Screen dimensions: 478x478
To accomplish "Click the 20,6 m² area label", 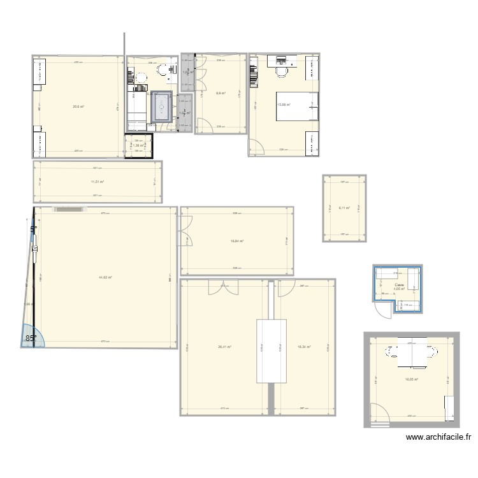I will (78, 106).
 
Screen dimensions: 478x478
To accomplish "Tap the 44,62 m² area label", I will (105, 277).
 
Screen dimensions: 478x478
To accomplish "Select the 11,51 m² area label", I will (97, 182).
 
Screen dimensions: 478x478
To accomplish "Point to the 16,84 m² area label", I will (236, 241).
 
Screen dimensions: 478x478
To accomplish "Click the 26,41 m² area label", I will (224, 347).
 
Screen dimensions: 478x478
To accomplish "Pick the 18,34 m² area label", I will (303, 347).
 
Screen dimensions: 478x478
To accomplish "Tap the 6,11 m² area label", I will (344, 208).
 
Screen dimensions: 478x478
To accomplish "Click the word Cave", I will (398, 285).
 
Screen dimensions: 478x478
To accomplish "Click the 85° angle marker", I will (31, 338).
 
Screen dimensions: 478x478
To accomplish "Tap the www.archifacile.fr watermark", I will (440, 438).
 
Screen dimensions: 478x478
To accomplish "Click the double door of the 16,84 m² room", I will (186, 230).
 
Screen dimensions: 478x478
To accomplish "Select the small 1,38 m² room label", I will (139, 145).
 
